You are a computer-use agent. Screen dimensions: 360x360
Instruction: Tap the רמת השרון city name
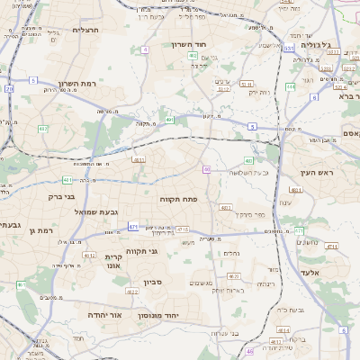(75, 84)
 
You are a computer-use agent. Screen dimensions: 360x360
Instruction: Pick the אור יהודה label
(105, 316)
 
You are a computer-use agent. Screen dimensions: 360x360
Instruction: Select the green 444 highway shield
(291, 86)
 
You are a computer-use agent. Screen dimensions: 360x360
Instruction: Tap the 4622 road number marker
(131, 292)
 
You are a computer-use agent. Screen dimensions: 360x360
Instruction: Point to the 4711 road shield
(332, 247)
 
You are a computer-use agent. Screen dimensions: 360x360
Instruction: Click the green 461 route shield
(21, 284)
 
